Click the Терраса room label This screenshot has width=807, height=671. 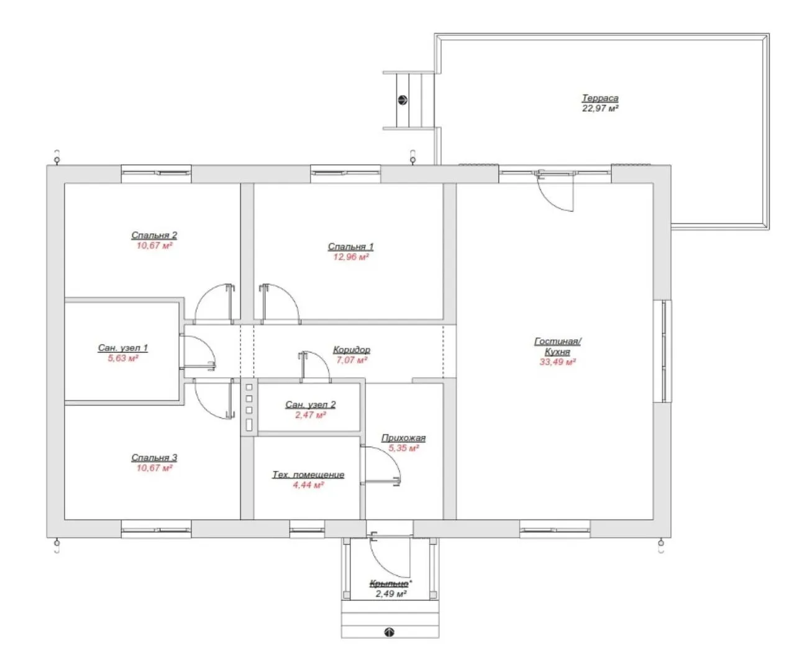coord(600,98)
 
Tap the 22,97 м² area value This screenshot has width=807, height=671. coord(600,108)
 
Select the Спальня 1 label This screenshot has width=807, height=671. coord(350,246)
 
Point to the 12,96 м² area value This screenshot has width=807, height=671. coord(350,257)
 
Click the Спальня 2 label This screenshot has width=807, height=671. coord(154,235)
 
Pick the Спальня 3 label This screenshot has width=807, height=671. coord(154,458)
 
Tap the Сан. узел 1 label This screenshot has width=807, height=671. coord(122,348)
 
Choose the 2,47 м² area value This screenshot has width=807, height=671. coord(311,415)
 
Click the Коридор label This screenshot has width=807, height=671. coord(352,350)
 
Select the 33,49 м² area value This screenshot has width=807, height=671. coord(557,362)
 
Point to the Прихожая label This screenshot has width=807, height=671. coord(403,438)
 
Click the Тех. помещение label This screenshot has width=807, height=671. coord(308,475)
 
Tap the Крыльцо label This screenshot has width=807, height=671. coord(389,583)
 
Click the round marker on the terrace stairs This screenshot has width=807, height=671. coord(403,100)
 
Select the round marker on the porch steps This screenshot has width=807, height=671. coord(389,632)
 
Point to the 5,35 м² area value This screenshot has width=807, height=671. coord(404,449)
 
